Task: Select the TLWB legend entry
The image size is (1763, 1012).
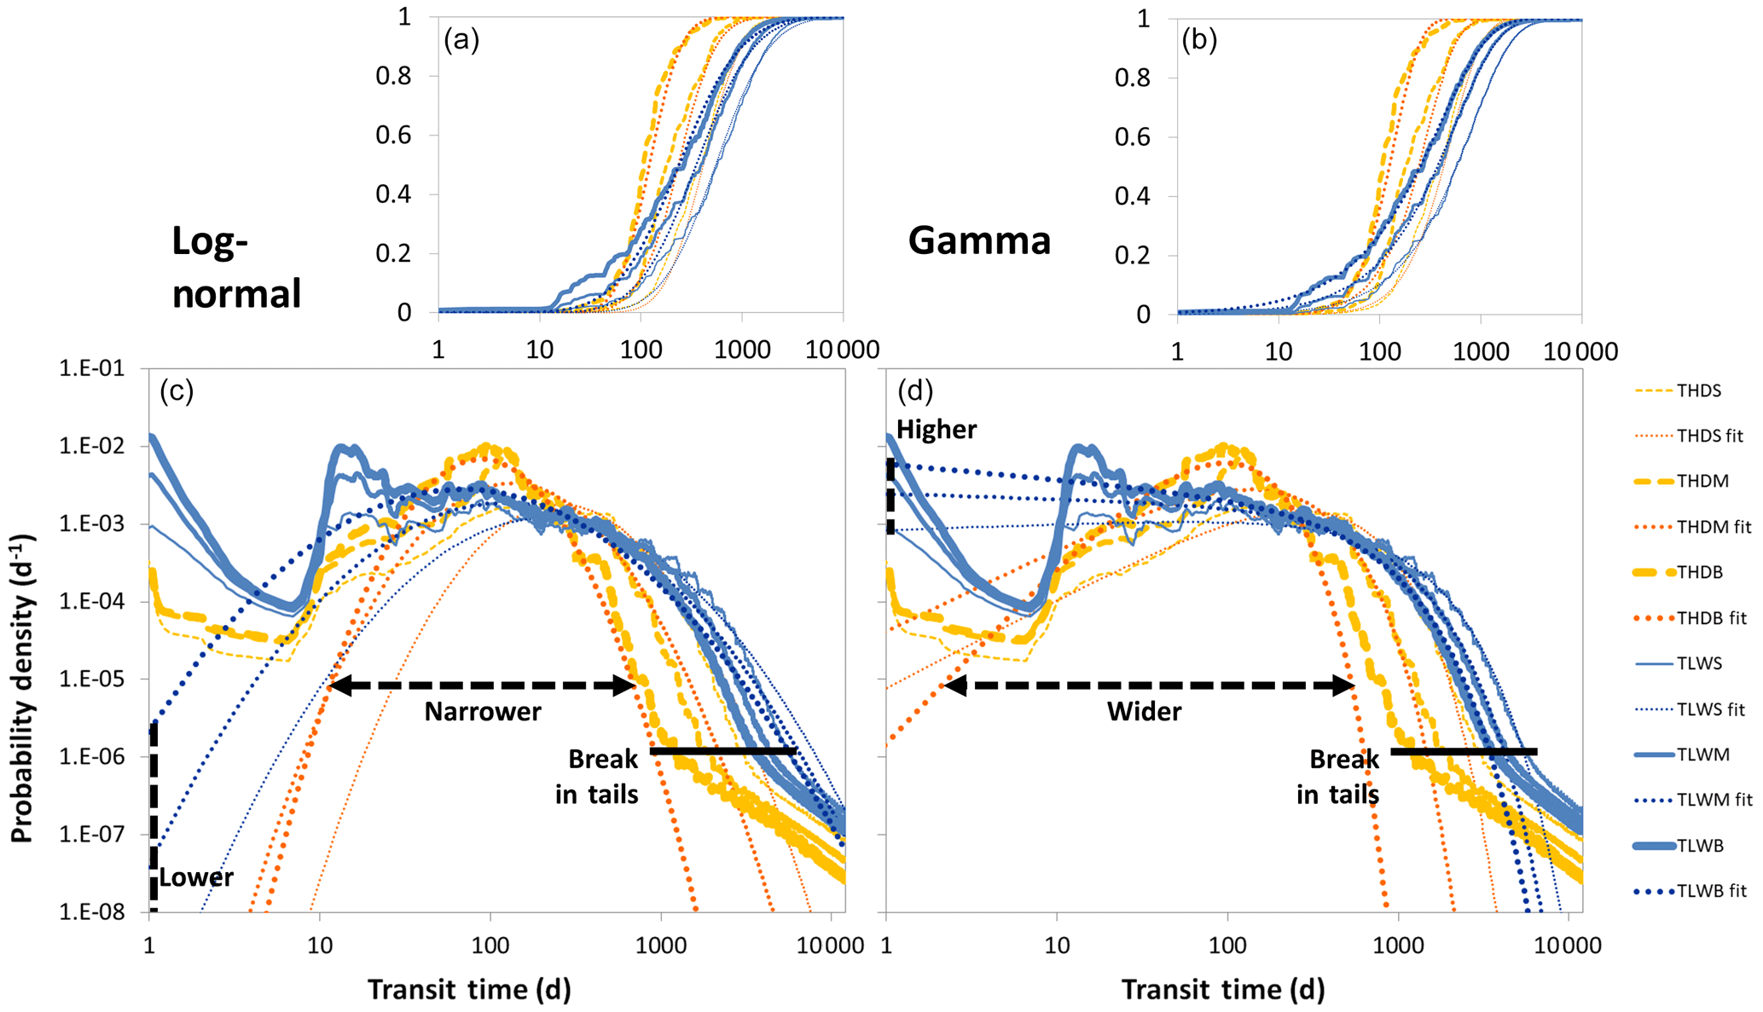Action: [1700, 846]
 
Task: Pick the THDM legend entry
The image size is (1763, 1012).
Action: [1702, 482]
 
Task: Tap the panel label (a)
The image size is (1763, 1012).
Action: [461, 40]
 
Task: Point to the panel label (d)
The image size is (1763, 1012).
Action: [915, 391]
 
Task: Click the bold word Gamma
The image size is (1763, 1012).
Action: [979, 240]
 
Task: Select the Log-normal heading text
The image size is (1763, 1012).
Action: [236, 268]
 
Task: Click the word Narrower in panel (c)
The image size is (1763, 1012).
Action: [483, 712]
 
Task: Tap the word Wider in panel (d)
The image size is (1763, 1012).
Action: [1144, 712]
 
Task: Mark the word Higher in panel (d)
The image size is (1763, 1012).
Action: [937, 430]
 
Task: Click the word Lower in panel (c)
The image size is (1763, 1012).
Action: [196, 878]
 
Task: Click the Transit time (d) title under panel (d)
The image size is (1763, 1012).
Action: [1222, 989]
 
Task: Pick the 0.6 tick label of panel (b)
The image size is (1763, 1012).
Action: [1133, 137]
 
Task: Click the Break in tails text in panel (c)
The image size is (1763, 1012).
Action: [599, 777]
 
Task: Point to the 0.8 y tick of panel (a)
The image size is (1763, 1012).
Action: [393, 76]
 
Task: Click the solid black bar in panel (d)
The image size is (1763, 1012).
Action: [1464, 751]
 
